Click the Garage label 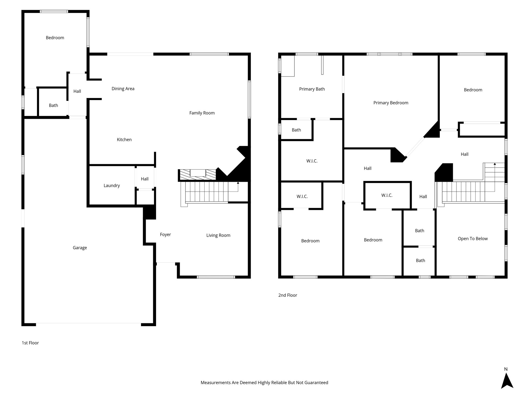pos(80,248)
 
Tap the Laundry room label pos(112,186)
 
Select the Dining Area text pos(123,89)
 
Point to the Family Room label pos(202,113)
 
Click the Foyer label pos(165,235)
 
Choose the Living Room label pos(218,235)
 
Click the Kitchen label pos(124,140)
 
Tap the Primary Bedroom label pos(391,103)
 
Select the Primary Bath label pos(312,89)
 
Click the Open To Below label pos(472,239)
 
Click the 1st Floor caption pos(30,343)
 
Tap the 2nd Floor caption pos(287,295)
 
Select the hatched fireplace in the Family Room pos(198,175)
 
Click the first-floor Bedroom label pos(55,38)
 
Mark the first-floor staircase pos(207,192)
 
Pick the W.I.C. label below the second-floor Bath pos(312,161)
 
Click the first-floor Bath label pos(53,105)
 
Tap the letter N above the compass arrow pos(506,369)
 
